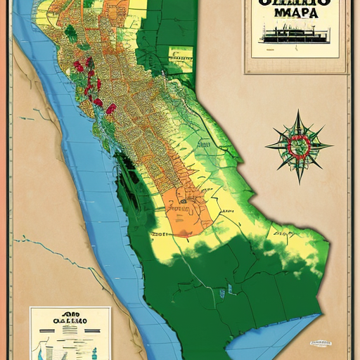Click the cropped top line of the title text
pyautogui.click(x=296, y=3)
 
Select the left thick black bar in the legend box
pyautogui.click(x=59, y=333)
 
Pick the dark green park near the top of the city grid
pyautogui.click(x=70, y=32)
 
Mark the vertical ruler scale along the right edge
pyautogui.click(x=352, y=211)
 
